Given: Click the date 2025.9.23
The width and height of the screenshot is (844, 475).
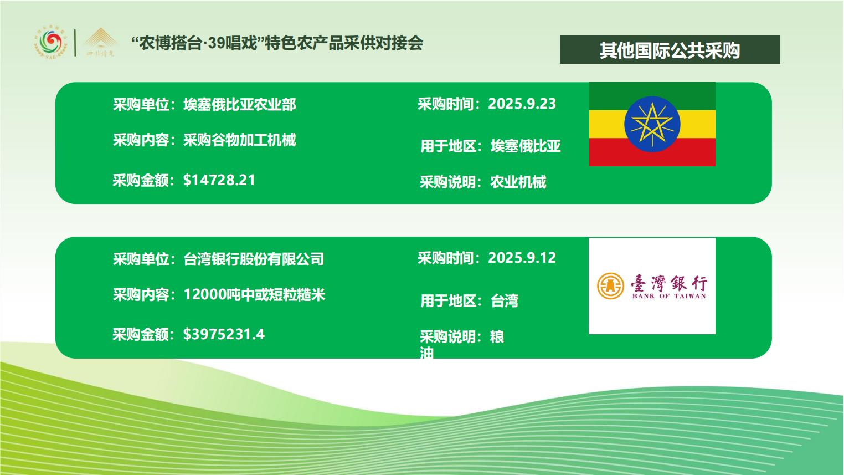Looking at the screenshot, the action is pyautogui.click(x=522, y=104).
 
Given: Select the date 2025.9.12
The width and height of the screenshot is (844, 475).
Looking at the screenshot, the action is pyautogui.click(x=522, y=258).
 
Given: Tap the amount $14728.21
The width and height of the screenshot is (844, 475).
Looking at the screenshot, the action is pyautogui.click(x=219, y=180).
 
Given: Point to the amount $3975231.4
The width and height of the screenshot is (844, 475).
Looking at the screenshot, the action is pyautogui.click(x=224, y=334).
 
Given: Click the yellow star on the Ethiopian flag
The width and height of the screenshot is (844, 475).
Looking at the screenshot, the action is pyautogui.click(x=652, y=124).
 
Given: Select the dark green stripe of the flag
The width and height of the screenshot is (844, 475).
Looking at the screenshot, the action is pyautogui.click(x=652, y=96).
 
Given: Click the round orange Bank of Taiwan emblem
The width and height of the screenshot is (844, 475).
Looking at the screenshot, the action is pyautogui.click(x=610, y=286).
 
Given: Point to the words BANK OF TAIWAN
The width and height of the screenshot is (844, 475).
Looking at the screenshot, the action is pyautogui.click(x=669, y=297).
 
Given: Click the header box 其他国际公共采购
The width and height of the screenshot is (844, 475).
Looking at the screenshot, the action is pyautogui.click(x=670, y=50).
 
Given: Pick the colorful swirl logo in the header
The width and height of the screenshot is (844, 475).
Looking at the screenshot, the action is pyautogui.click(x=51, y=43).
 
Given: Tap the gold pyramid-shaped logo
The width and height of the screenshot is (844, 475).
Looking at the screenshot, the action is pyautogui.click(x=100, y=42).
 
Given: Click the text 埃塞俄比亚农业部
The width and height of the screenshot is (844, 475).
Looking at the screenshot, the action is pyautogui.click(x=240, y=104).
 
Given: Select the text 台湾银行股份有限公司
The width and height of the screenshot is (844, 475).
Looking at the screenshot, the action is pyautogui.click(x=254, y=259).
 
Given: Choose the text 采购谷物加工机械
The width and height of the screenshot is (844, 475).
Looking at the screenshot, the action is pyautogui.click(x=240, y=140).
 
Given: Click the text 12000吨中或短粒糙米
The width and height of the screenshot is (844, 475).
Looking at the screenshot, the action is pyautogui.click(x=254, y=295).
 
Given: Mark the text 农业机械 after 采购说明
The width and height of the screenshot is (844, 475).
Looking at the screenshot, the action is pyautogui.click(x=518, y=182).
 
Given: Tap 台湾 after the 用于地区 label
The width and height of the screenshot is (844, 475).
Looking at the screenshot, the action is pyautogui.click(x=505, y=301).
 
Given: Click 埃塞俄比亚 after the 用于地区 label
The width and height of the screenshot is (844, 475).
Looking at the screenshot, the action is pyautogui.click(x=526, y=146).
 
